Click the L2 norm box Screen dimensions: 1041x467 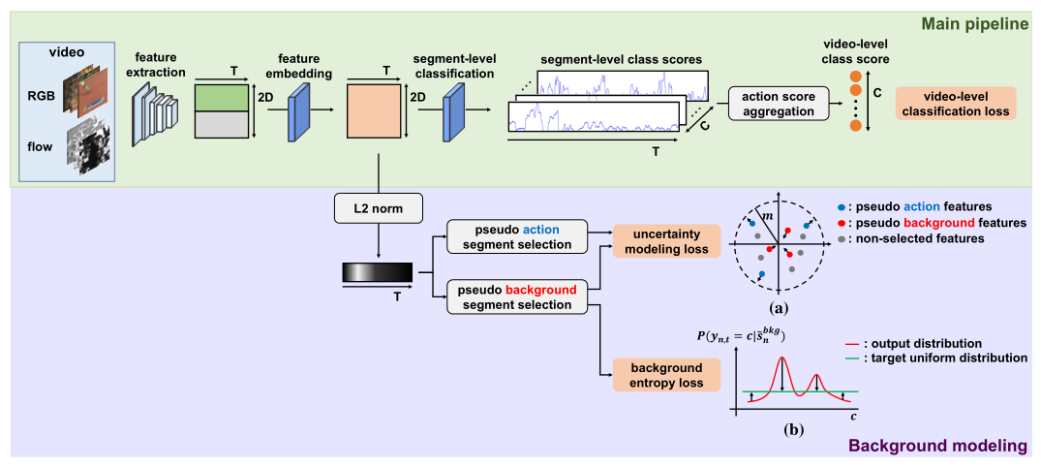[378, 210]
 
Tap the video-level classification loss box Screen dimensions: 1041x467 [956, 104]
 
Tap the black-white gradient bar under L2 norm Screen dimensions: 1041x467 [377, 272]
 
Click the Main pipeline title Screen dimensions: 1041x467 [973, 26]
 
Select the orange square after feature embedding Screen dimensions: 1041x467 [373, 111]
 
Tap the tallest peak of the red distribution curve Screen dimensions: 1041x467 [782, 358]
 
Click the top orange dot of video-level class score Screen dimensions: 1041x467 [855, 73]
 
